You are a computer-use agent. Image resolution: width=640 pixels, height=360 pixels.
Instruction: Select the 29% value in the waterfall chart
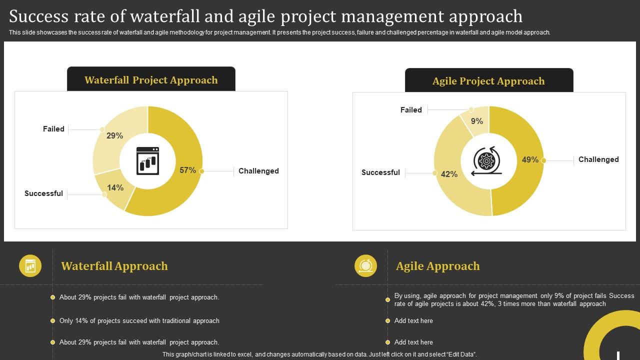(114, 136)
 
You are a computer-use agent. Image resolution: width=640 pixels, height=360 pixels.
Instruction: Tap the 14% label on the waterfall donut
(115, 188)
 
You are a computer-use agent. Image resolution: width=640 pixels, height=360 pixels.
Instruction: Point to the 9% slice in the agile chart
(476, 121)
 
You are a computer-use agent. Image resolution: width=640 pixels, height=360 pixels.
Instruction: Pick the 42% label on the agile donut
(449, 174)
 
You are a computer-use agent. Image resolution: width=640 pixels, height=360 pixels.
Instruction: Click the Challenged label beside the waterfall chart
(258, 171)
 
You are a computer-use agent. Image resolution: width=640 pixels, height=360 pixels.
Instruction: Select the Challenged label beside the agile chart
(598, 159)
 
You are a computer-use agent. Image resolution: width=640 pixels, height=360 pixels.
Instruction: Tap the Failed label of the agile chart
(411, 110)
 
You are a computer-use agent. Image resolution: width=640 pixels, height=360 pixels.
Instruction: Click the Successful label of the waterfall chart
(43, 193)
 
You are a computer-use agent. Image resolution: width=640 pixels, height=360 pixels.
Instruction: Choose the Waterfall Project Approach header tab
(151, 80)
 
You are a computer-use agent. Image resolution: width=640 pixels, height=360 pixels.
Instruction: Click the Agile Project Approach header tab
(488, 81)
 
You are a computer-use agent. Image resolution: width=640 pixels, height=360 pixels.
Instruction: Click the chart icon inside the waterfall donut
(147, 161)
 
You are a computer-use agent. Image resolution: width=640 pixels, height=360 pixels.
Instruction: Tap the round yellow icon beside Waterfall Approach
(30, 265)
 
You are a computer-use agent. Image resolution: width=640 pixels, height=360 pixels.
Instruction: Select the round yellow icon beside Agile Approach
(365, 265)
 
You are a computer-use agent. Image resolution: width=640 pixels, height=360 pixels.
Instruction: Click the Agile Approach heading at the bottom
(437, 266)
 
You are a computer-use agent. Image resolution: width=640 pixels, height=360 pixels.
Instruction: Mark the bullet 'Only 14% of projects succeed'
(139, 321)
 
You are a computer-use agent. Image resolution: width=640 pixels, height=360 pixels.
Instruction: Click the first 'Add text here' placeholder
(413, 321)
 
